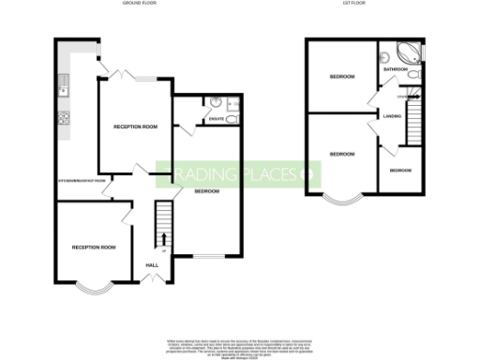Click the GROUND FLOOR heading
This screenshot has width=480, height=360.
click(x=139, y=4)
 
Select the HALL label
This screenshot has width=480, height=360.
click(x=150, y=265)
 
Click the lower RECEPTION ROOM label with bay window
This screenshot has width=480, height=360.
click(x=94, y=247)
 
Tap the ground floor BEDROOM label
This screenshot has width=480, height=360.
click(x=206, y=191)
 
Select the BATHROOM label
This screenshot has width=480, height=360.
click(x=395, y=69)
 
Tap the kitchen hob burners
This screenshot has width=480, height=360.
click(x=64, y=118)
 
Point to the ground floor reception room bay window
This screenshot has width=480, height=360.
click(x=94, y=287)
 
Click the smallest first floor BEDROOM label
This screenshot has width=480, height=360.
click(x=400, y=170)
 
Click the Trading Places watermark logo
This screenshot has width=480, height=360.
click(x=239, y=174)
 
